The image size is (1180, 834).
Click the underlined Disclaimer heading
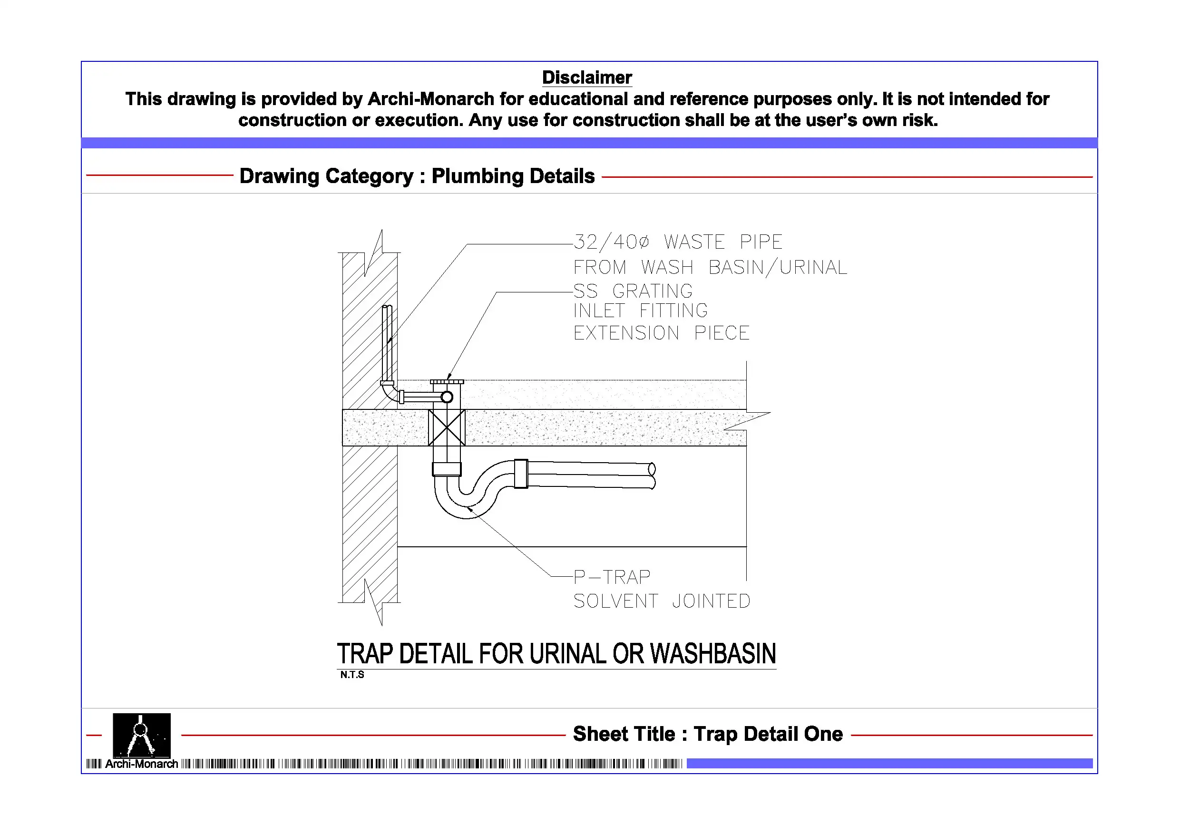(587, 78)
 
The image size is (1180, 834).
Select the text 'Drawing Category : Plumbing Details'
(417, 176)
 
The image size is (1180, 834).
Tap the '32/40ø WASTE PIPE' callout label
(678, 242)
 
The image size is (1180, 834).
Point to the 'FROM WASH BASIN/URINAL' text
(710, 267)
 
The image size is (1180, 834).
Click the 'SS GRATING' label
(633, 291)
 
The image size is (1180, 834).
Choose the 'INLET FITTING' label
(641, 310)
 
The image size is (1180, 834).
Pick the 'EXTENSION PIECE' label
(662, 333)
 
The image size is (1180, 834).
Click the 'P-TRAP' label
(612, 577)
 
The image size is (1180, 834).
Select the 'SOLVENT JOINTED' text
(662, 601)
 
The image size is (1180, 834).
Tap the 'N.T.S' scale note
(352, 675)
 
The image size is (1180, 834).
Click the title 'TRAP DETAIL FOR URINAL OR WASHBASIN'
(556, 654)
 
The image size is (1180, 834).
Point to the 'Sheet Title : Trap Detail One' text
(708, 734)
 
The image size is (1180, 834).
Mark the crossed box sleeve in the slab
(447, 427)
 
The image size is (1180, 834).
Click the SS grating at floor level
(447, 382)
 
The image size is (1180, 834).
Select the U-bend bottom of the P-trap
(466, 506)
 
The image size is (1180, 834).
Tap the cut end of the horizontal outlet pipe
(652, 475)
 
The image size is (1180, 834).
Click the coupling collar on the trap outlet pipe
(521, 473)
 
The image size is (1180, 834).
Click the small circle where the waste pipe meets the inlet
(447, 397)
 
